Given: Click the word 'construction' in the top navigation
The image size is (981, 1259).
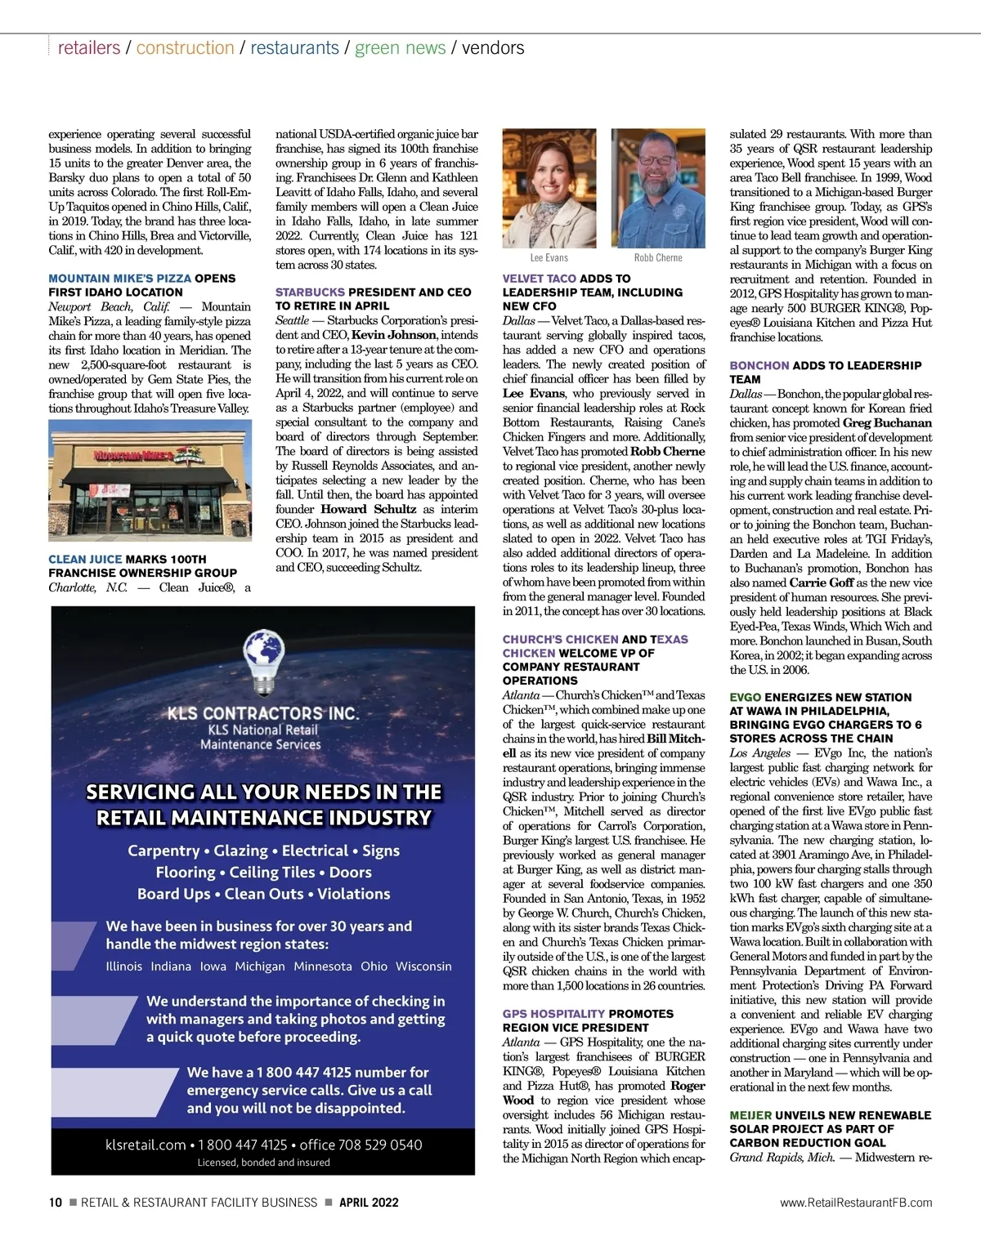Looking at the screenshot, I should click(x=185, y=47).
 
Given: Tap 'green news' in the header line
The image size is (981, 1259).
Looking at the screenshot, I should click(x=401, y=47).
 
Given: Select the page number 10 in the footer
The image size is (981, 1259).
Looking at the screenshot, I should click(x=56, y=1202).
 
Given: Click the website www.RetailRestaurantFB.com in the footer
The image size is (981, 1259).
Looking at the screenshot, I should click(x=856, y=1202).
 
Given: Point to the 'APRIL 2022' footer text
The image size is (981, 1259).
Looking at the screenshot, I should click(x=369, y=1202).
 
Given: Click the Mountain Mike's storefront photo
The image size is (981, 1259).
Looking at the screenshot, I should click(x=150, y=480).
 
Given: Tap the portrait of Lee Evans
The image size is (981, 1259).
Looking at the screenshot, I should click(x=549, y=188).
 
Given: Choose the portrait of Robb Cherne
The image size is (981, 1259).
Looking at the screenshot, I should click(x=658, y=188).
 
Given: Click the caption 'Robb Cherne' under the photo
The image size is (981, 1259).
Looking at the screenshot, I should click(x=658, y=257).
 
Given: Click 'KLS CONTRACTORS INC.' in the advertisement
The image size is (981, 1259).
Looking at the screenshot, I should click(x=263, y=712).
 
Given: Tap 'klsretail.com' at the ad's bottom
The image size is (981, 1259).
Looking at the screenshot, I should click(x=146, y=1145).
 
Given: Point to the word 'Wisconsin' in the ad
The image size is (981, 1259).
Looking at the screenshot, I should click(x=423, y=966).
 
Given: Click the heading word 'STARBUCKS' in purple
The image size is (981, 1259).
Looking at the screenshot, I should click(x=310, y=292).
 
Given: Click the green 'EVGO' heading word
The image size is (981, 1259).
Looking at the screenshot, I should click(x=745, y=697).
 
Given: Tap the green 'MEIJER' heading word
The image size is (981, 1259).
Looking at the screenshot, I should click(x=750, y=1115).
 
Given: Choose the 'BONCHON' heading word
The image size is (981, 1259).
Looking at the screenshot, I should click(x=759, y=365).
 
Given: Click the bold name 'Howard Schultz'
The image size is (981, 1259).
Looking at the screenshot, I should click(x=368, y=509).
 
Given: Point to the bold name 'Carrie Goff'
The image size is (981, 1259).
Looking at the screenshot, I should click(x=822, y=583).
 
